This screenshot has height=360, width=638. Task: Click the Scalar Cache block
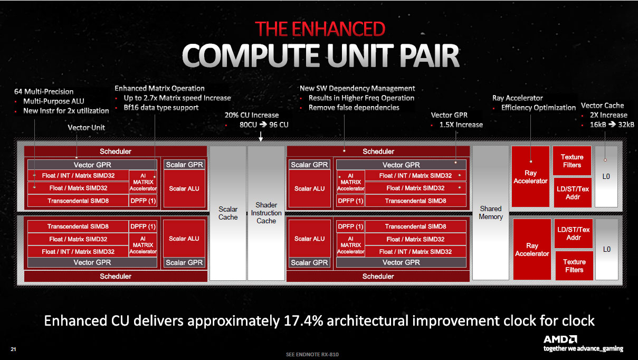tap(228, 213)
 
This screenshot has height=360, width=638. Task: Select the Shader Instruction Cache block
tap(266, 213)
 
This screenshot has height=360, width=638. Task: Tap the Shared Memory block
tap(490, 213)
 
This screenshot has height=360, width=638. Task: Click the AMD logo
tap(560, 339)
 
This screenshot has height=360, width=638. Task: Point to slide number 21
tap(13, 349)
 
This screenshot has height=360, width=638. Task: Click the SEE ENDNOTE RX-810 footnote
tap(312, 355)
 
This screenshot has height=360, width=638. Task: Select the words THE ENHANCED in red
tap(320, 29)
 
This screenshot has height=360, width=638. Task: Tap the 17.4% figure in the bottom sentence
tap(303, 321)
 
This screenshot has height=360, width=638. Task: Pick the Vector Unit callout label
tap(87, 128)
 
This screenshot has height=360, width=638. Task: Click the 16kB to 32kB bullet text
tap(612, 125)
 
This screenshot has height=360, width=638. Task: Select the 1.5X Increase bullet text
tap(461, 125)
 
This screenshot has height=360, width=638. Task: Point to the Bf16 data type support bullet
tap(161, 108)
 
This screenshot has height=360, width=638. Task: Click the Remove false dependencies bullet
tap(354, 108)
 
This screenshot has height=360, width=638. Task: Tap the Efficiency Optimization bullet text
tap(538, 108)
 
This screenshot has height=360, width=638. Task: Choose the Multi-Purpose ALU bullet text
tap(53, 101)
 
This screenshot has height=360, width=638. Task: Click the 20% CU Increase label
tap(252, 115)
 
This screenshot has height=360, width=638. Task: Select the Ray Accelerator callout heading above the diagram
tap(518, 98)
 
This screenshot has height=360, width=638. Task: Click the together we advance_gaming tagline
tap(583, 348)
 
